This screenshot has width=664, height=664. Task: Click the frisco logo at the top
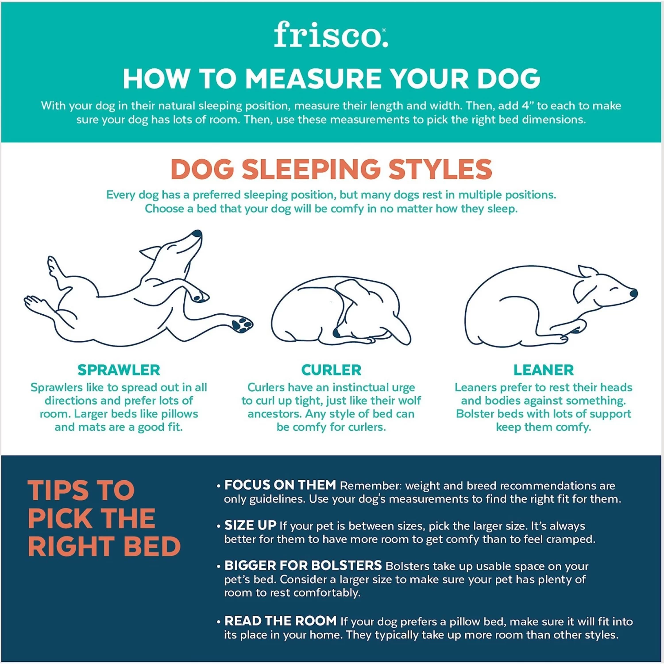pyautogui.click(x=331, y=35)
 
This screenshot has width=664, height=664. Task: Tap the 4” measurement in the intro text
pyautogui.click(x=528, y=106)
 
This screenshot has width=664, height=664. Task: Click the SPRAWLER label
pyautogui.click(x=119, y=370)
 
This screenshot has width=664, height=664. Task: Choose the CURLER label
pyautogui.click(x=331, y=370)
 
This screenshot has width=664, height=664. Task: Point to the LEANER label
pyautogui.click(x=543, y=370)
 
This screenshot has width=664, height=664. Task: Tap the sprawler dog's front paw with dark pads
pyautogui.click(x=242, y=324)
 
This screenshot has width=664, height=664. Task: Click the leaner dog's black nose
pyautogui.click(x=633, y=293)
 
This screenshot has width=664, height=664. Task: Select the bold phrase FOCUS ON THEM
pyautogui.click(x=280, y=485)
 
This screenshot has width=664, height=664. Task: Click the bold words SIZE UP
pyautogui.click(x=250, y=525)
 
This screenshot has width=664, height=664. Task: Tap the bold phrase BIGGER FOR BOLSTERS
pyautogui.click(x=303, y=566)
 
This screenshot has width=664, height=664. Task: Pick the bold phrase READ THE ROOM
pyautogui.click(x=280, y=621)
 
